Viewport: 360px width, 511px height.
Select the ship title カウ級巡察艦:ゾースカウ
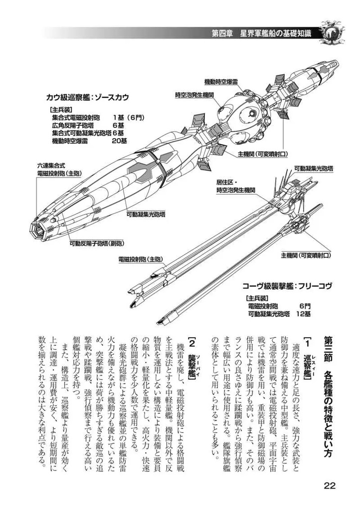[x=87, y=97]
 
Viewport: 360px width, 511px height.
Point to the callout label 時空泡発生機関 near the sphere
[x=194, y=94]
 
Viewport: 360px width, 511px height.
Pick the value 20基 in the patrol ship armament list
[x=120, y=142]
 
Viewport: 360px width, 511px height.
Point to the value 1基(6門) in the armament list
[x=129, y=118]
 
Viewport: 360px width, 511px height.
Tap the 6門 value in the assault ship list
[x=305, y=305]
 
